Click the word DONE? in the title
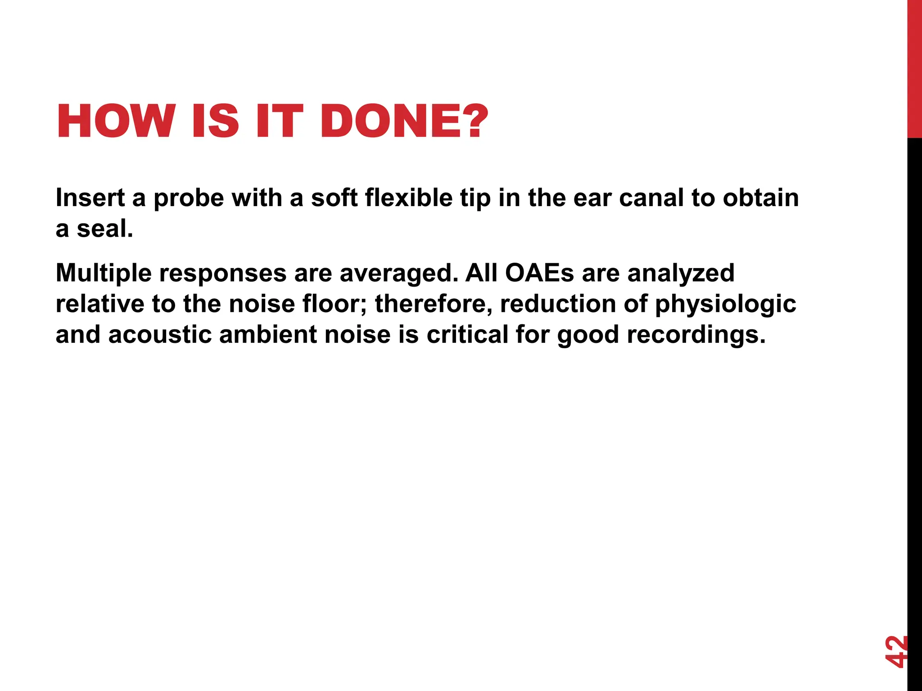tap(404, 121)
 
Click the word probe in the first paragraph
tap(189, 198)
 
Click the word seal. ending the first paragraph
tap(105, 229)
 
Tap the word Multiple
tap(104, 273)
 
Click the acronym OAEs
tap(539, 273)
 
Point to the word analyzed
tap(681, 273)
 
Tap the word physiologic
tap(725, 304)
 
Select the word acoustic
tap(160, 335)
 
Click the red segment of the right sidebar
tap(914, 67)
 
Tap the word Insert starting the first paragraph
tap(90, 198)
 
